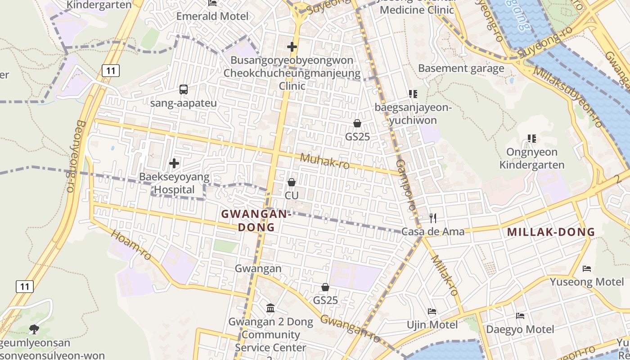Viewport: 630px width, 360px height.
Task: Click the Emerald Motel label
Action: (x=212, y=16)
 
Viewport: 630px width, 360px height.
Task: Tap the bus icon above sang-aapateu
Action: (x=183, y=90)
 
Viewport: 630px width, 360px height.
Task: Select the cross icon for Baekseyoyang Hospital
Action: (x=174, y=163)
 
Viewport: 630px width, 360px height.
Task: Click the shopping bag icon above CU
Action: (x=292, y=182)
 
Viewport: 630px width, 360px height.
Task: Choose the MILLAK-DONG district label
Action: (x=551, y=232)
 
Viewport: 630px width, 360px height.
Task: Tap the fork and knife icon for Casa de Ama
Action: (x=433, y=218)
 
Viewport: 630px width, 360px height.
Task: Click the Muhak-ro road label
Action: (x=324, y=161)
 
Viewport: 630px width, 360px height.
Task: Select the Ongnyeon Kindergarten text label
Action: (x=532, y=158)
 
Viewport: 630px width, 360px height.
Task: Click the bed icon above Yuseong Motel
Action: (x=586, y=269)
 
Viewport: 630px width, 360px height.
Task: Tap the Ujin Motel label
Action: (x=432, y=325)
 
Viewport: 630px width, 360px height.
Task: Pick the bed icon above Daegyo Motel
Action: (x=520, y=315)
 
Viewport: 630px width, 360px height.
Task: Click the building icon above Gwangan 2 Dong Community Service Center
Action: (x=270, y=308)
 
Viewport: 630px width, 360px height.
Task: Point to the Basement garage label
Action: (x=461, y=68)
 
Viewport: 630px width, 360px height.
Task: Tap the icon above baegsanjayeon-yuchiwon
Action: (x=413, y=94)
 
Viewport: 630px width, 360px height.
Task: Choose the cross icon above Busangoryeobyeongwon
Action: (x=292, y=46)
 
